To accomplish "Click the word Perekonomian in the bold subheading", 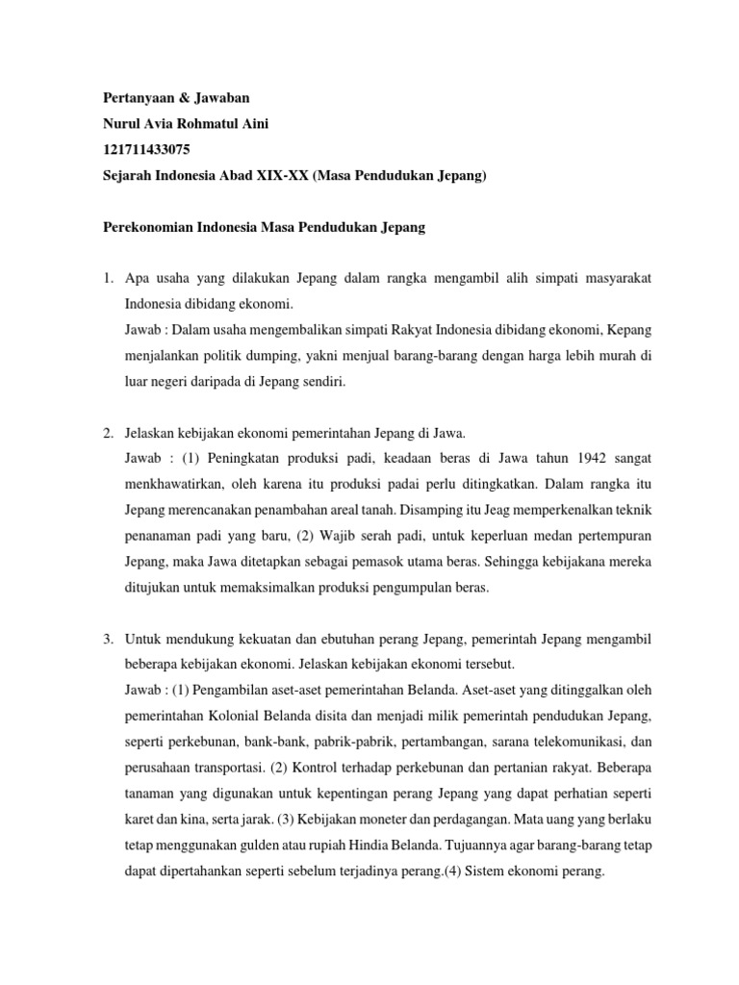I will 151,228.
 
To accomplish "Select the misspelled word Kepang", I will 628,330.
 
